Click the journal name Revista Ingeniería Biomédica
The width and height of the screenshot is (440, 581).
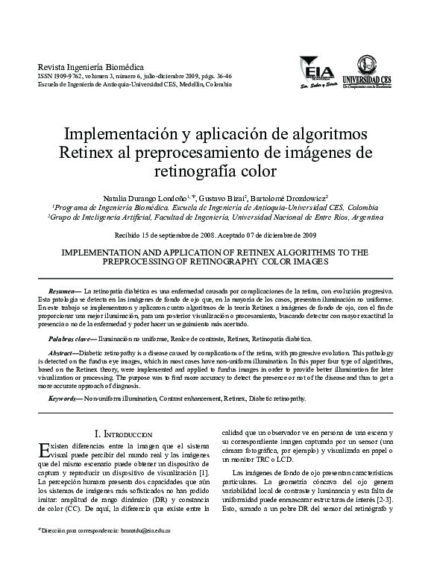click(x=80, y=66)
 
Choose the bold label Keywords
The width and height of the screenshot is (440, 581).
click(x=65, y=399)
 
